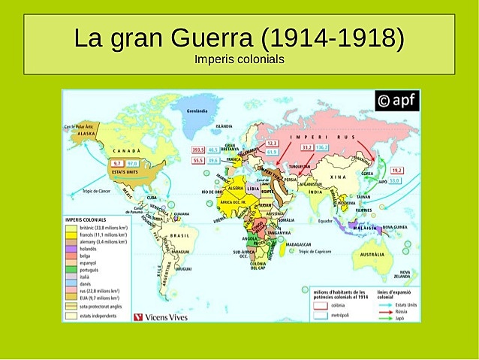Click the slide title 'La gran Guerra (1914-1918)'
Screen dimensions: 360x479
click(239, 38)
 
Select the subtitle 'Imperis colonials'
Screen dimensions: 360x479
click(239, 59)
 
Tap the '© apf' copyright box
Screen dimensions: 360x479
click(396, 101)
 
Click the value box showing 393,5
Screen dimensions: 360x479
click(198, 150)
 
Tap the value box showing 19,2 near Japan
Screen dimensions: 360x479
click(396, 171)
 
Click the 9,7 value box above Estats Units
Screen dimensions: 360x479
click(116, 163)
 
